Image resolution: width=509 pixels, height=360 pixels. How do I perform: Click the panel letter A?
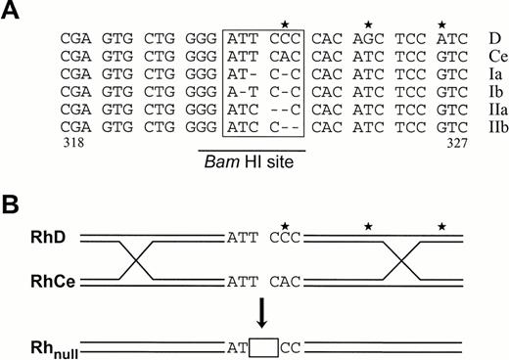[12, 13]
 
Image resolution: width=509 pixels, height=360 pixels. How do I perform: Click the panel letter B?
[12, 202]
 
